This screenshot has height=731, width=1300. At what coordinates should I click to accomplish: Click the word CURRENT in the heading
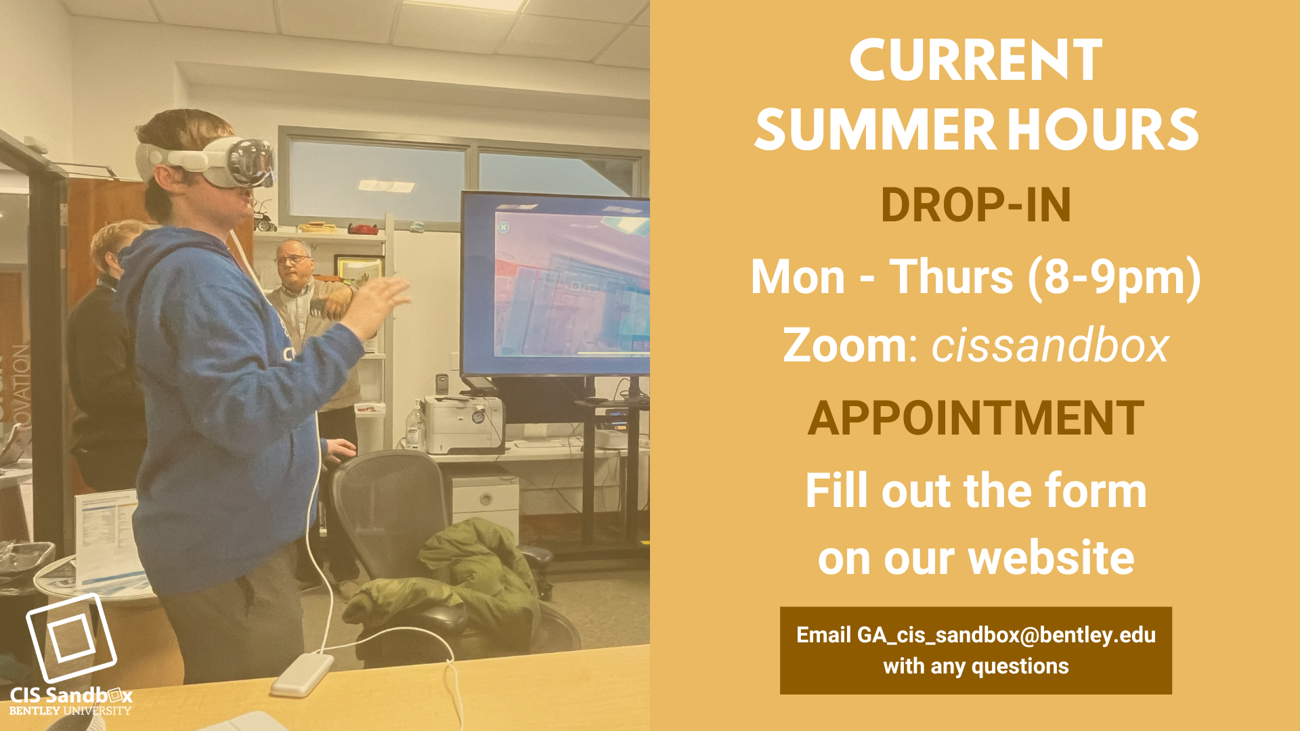pyautogui.click(x=976, y=60)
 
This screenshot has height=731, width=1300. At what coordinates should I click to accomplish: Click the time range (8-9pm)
pyautogui.click(x=1114, y=278)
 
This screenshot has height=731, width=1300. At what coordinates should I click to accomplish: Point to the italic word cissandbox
pyautogui.click(x=1050, y=345)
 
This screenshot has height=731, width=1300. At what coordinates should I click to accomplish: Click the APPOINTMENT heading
pyautogui.click(x=976, y=418)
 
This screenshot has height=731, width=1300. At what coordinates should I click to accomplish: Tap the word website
pyautogui.click(x=1052, y=558)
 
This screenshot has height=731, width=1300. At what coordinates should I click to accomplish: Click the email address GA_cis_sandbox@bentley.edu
pyautogui.click(x=1006, y=635)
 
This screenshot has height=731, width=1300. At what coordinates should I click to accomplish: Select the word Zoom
pyautogui.click(x=845, y=345)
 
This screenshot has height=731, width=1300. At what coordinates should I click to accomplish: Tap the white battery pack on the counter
pyautogui.click(x=303, y=674)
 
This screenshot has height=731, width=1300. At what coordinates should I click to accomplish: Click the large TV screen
pyautogui.click(x=555, y=284)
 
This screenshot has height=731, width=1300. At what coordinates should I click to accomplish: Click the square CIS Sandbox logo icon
pyautogui.click(x=71, y=638)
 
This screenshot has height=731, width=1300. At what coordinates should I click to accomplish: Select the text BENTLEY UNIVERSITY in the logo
pyautogui.click(x=70, y=711)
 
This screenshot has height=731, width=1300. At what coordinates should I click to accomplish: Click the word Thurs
pyautogui.click(x=951, y=278)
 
